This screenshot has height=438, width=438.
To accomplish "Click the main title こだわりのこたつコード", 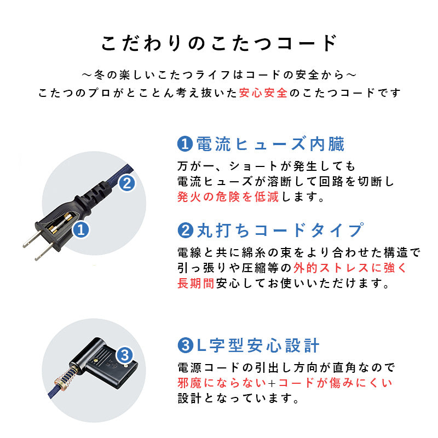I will [218, 43].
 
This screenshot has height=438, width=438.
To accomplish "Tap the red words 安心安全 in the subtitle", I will [263, 93].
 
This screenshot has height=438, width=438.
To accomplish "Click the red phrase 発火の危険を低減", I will [228, 197].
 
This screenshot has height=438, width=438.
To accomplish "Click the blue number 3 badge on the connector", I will [124, 355].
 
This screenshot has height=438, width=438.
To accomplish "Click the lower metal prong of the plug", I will [42, 254].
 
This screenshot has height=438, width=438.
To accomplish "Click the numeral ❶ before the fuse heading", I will [185, 145].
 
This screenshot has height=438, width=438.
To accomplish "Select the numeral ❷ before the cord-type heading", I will [185, 230].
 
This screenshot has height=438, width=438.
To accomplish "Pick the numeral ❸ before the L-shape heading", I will [185, 346].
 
